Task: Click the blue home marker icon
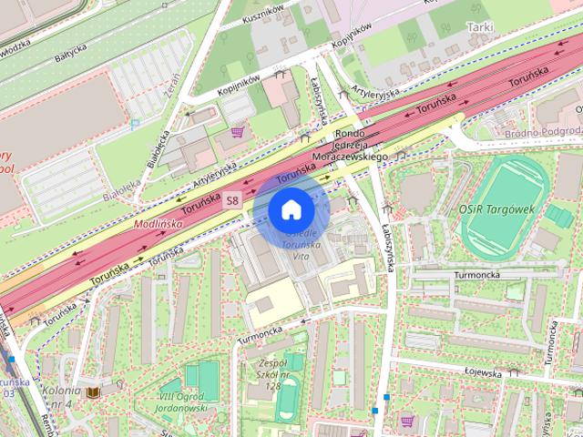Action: click(290, 210)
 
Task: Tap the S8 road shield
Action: click(234, 200)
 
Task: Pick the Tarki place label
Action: click(479, 28)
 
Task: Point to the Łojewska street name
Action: click(484, 371)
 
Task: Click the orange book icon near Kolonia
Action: click(92, 392)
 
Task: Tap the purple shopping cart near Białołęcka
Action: click(238, 131)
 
